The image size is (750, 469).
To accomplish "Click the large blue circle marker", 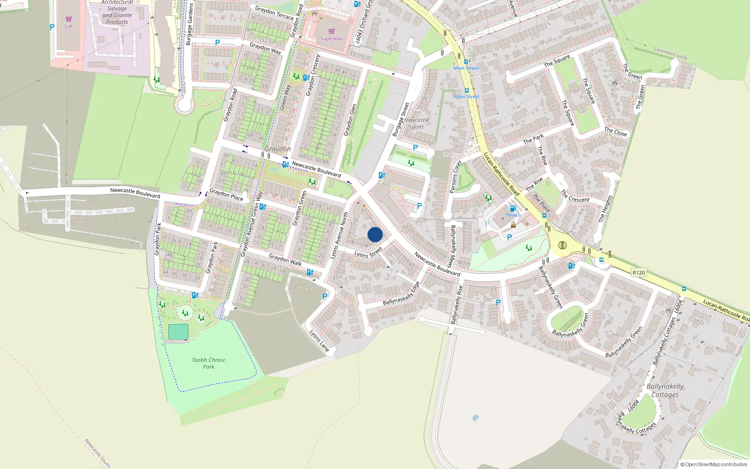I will tap(375, 234).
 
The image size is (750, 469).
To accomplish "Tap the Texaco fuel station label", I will tap(513, 215).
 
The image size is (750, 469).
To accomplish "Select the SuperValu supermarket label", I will tap(331, 38).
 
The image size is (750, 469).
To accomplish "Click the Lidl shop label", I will tap(68, 26).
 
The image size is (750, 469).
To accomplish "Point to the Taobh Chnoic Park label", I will tap(209, 363).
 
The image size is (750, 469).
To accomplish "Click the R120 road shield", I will tap(638, 272).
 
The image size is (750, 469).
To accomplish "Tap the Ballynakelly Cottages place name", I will tap(665, 391).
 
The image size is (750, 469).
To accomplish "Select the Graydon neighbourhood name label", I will tap(277, 149).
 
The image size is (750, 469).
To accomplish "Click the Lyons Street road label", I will tap(368, 253).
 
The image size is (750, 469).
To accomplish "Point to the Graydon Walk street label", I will tap(285, 259).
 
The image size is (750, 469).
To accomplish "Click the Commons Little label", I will tap(670, 53).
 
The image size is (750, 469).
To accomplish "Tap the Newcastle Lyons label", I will tap(417, 123).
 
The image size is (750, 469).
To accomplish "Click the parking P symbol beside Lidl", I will tap(52, 27).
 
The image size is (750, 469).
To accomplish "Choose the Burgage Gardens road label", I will tap(190, 24).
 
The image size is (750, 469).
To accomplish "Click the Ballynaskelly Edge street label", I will tap(401, 294).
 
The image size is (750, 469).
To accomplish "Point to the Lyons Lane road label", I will tap(319, 340).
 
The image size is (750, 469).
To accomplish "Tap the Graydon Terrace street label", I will tap(274, 13).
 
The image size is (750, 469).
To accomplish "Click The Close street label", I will tap(615, 132).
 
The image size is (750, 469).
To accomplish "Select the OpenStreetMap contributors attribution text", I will tap(713, 464).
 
